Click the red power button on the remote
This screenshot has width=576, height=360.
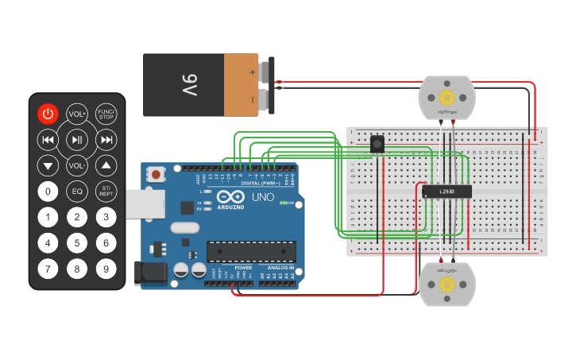[48, 114]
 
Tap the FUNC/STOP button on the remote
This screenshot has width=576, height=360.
[106, 114]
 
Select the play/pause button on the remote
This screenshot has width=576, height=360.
[77, 140]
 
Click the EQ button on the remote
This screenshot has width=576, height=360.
[77, 191]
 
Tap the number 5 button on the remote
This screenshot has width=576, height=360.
[77, 242]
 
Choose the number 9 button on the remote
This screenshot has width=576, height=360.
[106, 269]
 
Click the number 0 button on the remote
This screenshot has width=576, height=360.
[48, 191]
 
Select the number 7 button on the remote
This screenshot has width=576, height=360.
[48, 269]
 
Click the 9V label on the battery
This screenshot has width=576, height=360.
[189, 85]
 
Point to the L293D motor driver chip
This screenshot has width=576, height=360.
[445, 191]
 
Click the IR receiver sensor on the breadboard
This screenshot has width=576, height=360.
[378, 144]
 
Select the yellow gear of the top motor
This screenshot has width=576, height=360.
[446, 97]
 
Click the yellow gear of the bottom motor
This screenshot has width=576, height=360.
[446, 285]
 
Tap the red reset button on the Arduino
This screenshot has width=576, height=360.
[157, 174]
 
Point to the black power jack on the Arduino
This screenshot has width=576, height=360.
[149, 273]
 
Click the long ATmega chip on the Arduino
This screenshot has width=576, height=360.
[251, 252]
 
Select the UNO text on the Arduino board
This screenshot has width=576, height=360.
[263, 197]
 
